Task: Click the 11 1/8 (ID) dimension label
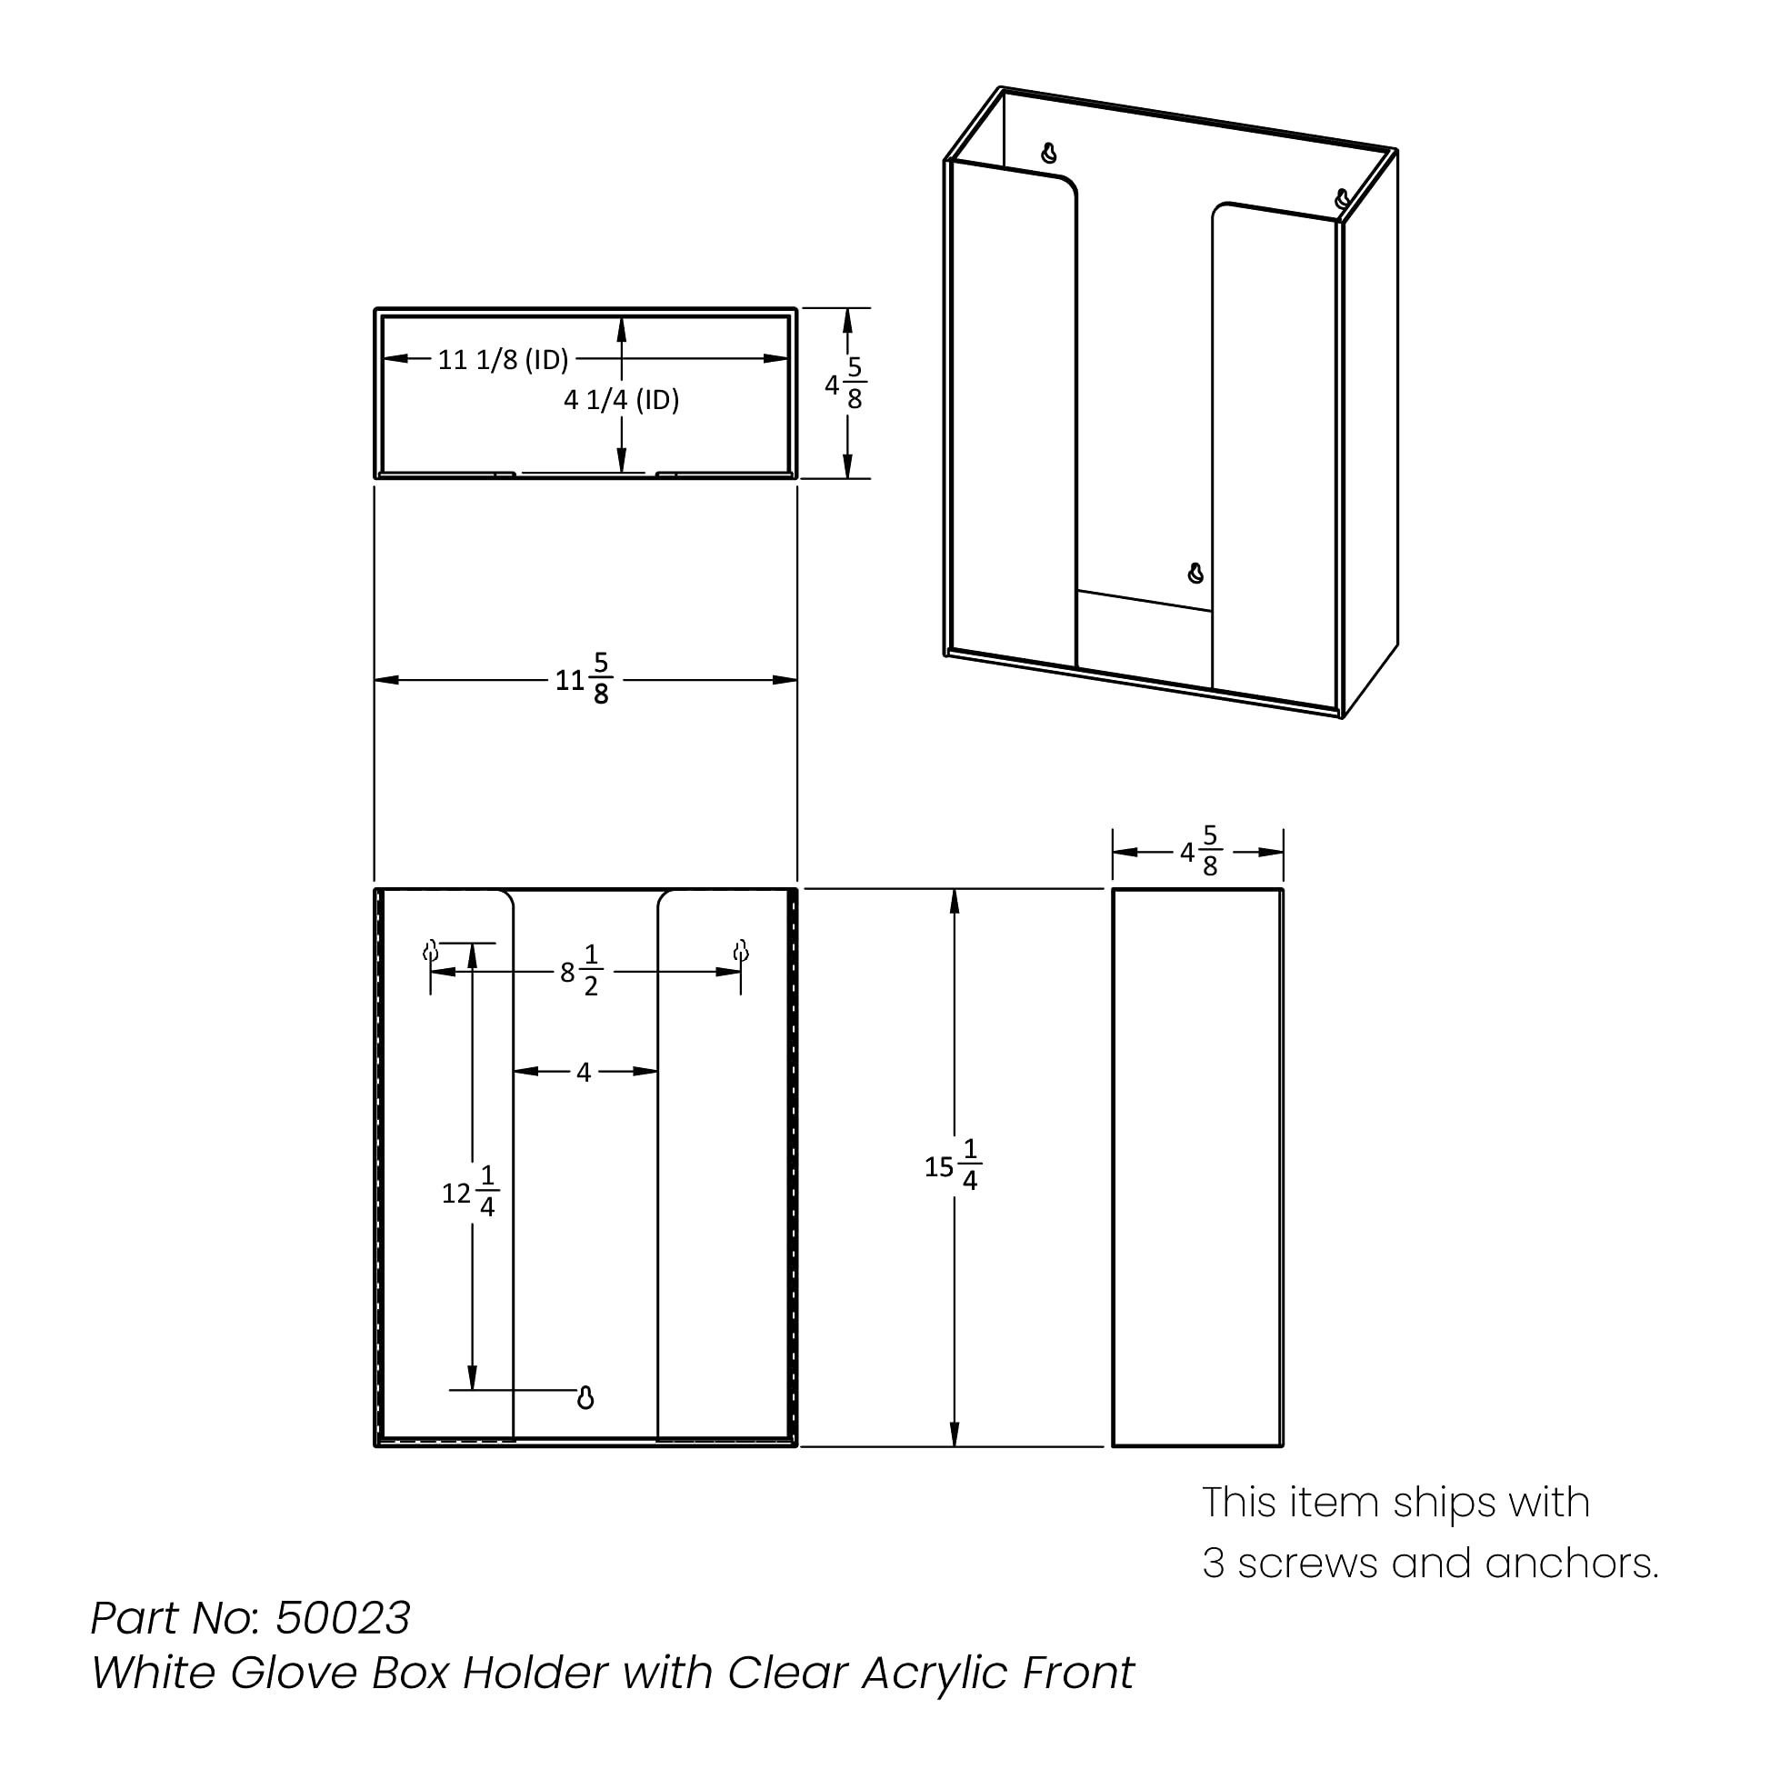[x=503, y=359]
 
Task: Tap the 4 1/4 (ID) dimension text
[x=622, y=400]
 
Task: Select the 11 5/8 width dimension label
[x=583, y=680]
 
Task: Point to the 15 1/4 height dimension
[x=952, y=1166]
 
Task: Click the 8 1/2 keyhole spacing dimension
[x=581, y=972]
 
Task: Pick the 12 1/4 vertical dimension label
[x=471, y=1193]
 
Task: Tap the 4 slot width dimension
[x=584, y=1072]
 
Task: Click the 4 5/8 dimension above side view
[x=1200, y=852]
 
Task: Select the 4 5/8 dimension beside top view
[x=845, y=385]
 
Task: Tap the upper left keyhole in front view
[x=430, y=951]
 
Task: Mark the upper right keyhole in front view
[x=741, y=951]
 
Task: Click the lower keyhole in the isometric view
[x=1195, y=573]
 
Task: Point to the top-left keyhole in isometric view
[x=1048, y=154]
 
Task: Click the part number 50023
[x=343, y=1618]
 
